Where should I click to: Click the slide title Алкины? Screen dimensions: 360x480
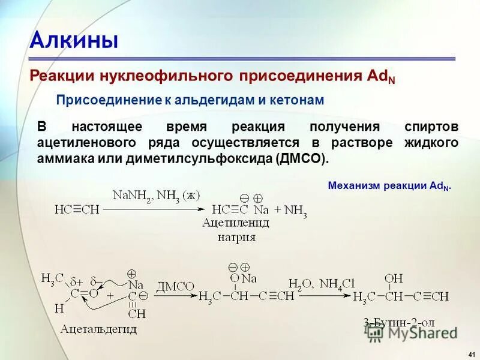pos(73,40)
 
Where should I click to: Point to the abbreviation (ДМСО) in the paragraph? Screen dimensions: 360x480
pos(302,158)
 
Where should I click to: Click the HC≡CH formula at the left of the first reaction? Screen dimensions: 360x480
pos(77,211)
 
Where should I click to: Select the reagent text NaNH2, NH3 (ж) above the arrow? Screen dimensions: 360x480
pos(156,196)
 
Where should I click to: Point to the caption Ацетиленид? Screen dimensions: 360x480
pos(236,223)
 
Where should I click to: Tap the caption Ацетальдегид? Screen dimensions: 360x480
pos(98,329)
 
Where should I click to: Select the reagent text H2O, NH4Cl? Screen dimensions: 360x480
pos(322,284)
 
